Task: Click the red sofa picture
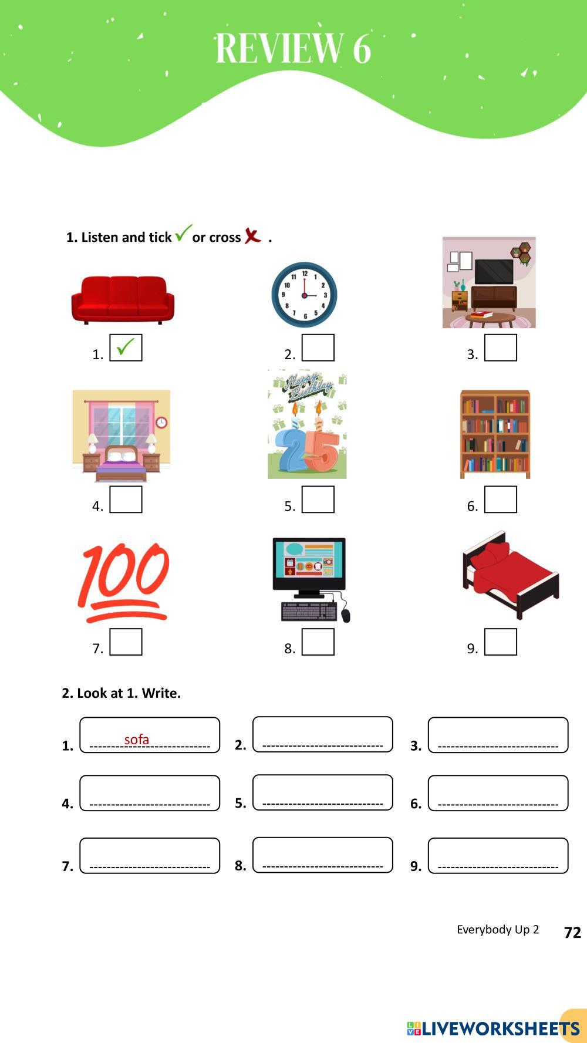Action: pyautogui.click(x=123, y=300)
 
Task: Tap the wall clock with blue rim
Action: pyautogui.click(x=304, y=295)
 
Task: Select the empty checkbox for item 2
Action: pyautogui.click(x=318, y=347)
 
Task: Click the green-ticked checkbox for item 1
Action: pyautogui.click(x=126, y=347)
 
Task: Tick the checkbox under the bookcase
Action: pyautogui.click(x=501, y=499)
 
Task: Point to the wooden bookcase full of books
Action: pyautogui.click(x=495, y=434)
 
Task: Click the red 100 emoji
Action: pyautogui.click(x=123, y=582)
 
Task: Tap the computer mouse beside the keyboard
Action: pyautogui.click(x=346, y=615)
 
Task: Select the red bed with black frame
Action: pyautogui.click(x=511, y=575)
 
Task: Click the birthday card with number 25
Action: pyautogui.click(x=307, y=424)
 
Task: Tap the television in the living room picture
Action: pyautogui.click(x=494, y=272)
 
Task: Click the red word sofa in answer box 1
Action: pyautogui.click(x=137, y=740)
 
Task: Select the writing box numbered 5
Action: pyautogui.click(x=322, y=792)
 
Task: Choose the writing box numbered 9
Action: pyautogui.click(x=498, y=855)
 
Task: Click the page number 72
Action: pyautogui.click(x=572, y=933)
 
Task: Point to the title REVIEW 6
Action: pyautogui.click(x=293, y=48)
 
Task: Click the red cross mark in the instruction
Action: pyautogui.click(x=252, y=235)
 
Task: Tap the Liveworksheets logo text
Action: pyautogui.click(x=494, y=1028)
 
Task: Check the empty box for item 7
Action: pyautogui.click(x=126, y=642)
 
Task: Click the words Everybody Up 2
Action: pyautogui.click(x=498, y=930)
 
